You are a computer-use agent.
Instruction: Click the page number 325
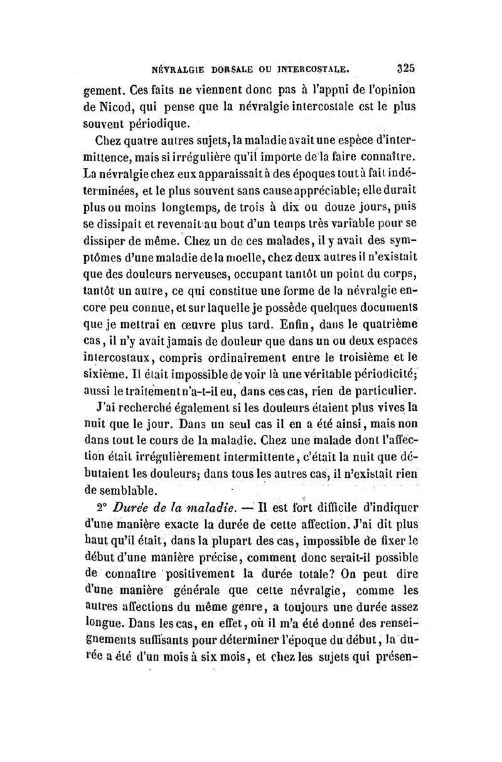[407, 67]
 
